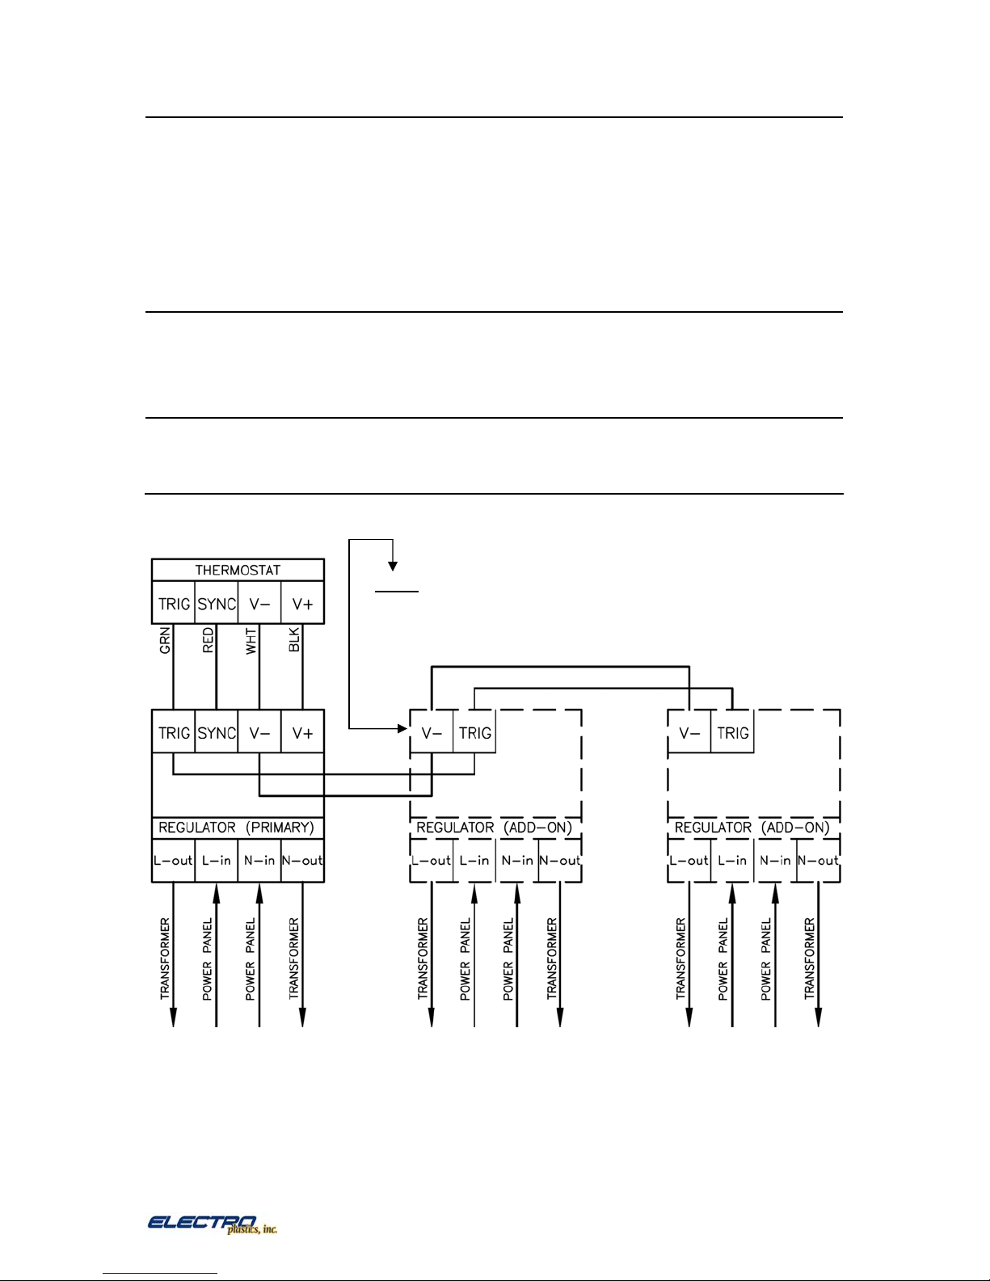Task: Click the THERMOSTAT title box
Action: click(238, 570)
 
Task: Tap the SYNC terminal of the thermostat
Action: click(217, 603)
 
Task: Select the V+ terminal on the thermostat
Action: click(302, 603)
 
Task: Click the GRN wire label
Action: click(165, 639)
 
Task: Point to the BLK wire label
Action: click(294, 639)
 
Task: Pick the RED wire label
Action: click(208, 639)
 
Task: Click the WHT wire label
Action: click(251, 641)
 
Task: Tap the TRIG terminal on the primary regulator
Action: click(173, 731)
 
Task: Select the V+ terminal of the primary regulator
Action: click(302, 731)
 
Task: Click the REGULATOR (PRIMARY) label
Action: click(236, 828)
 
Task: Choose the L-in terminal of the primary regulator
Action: click(217, 861)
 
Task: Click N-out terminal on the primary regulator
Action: click(302, 861)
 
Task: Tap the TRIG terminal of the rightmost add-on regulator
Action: click(732, 731)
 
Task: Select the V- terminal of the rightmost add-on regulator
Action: click(689, 731)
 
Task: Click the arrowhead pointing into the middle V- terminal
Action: click(403, 729)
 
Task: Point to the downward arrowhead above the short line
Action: click(393, 567)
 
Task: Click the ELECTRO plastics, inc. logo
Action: click(212, 1224)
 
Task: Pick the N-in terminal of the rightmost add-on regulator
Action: click(776, 861)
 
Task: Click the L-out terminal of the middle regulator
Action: click(432, 861)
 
